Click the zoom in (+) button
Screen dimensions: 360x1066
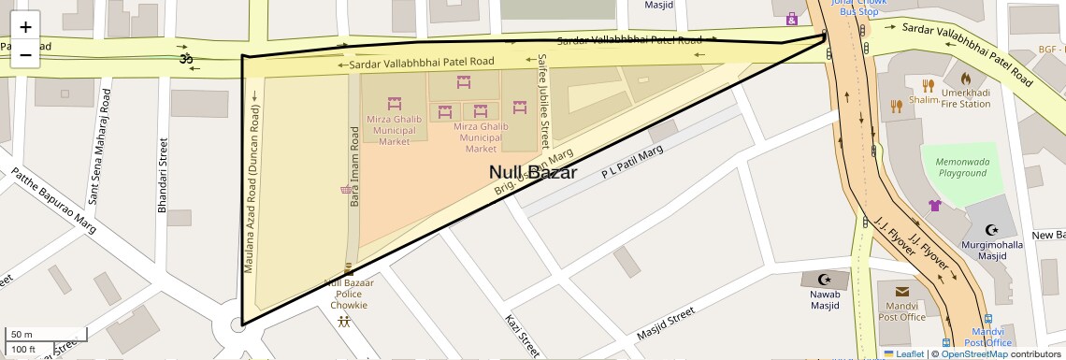(25, 27)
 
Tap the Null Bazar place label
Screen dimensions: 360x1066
(533, 173)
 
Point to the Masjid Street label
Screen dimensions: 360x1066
(665, 324)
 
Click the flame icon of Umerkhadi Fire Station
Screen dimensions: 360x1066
(966, 79)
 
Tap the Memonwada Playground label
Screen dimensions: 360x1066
(962, 166)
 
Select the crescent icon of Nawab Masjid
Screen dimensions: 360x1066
(824, 279)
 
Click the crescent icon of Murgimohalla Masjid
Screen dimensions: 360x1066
(993, 230)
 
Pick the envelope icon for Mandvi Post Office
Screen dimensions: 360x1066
(900, 292)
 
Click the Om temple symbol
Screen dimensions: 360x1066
(184, 59)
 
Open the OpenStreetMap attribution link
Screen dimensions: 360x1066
(974, 353)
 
